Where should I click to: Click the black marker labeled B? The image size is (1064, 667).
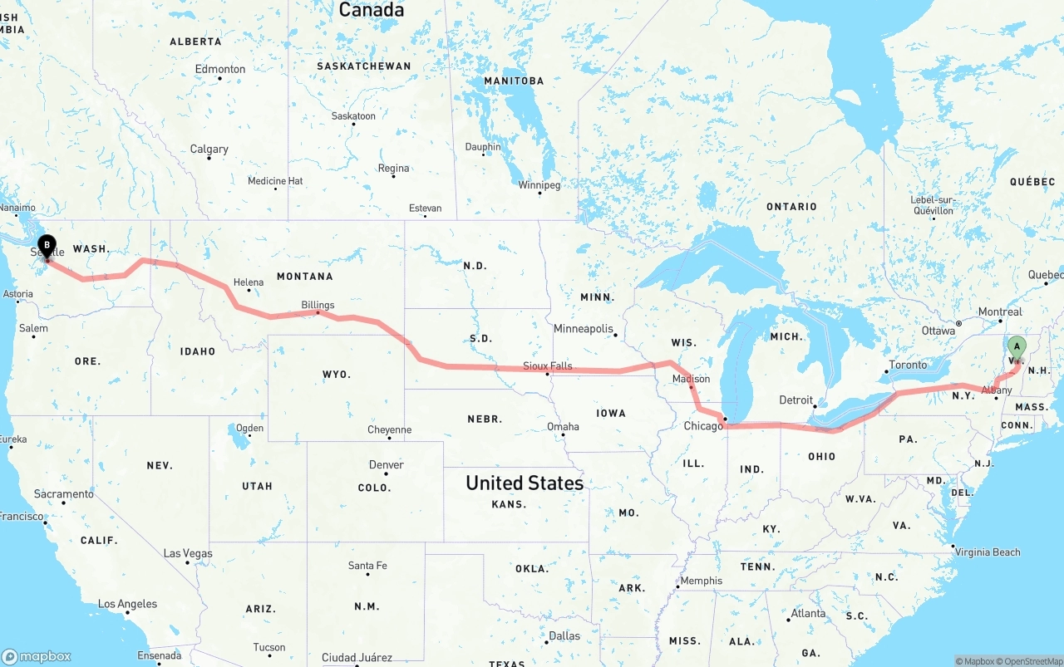47,247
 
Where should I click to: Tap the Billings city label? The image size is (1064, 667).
318,305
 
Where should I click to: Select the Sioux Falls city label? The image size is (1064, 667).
548,365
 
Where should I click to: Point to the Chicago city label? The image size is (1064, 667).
703,426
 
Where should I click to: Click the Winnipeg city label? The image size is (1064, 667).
539,184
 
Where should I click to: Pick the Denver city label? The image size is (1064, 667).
386,464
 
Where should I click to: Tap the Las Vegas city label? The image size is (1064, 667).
188,553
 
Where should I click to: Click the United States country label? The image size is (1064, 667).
524,483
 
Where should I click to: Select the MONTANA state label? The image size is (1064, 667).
304,277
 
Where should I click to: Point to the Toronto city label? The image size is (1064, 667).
908,365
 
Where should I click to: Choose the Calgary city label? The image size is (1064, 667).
209,150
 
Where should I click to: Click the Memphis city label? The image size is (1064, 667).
701,581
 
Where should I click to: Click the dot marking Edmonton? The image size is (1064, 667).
219,79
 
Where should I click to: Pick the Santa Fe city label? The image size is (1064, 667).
367,566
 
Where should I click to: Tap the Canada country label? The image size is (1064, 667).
372,10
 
